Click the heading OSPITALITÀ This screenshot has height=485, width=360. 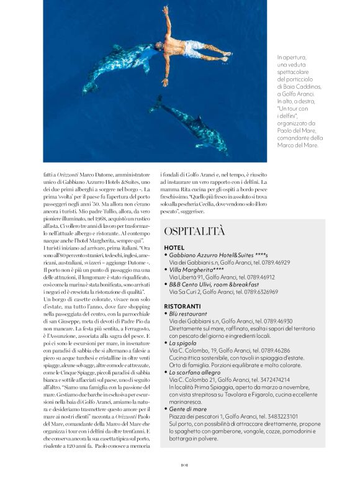(x=194, y=231)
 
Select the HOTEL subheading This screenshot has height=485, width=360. (x=174, y=247)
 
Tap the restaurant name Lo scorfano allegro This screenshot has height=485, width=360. (x=197, y=371)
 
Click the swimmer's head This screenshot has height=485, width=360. (x=159, y=47)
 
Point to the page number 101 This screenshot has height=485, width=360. (x=179, y=478)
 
